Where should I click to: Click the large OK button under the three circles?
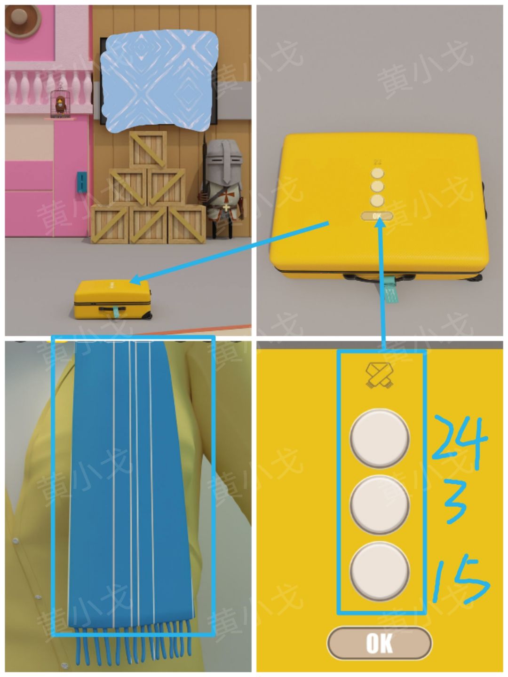pos(379,643)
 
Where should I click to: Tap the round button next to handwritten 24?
pos(380,439)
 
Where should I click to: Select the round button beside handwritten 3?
pos(380,505)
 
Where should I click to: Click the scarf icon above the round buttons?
pos(380,375)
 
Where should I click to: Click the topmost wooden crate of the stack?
pos(148,150)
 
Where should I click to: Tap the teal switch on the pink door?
pos(81,181)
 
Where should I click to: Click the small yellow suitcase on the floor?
pos(112,299)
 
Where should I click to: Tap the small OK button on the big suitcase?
pos(377,216)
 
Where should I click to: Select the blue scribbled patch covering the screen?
pos(159,81)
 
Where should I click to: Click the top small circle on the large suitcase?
pos(377,173)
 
